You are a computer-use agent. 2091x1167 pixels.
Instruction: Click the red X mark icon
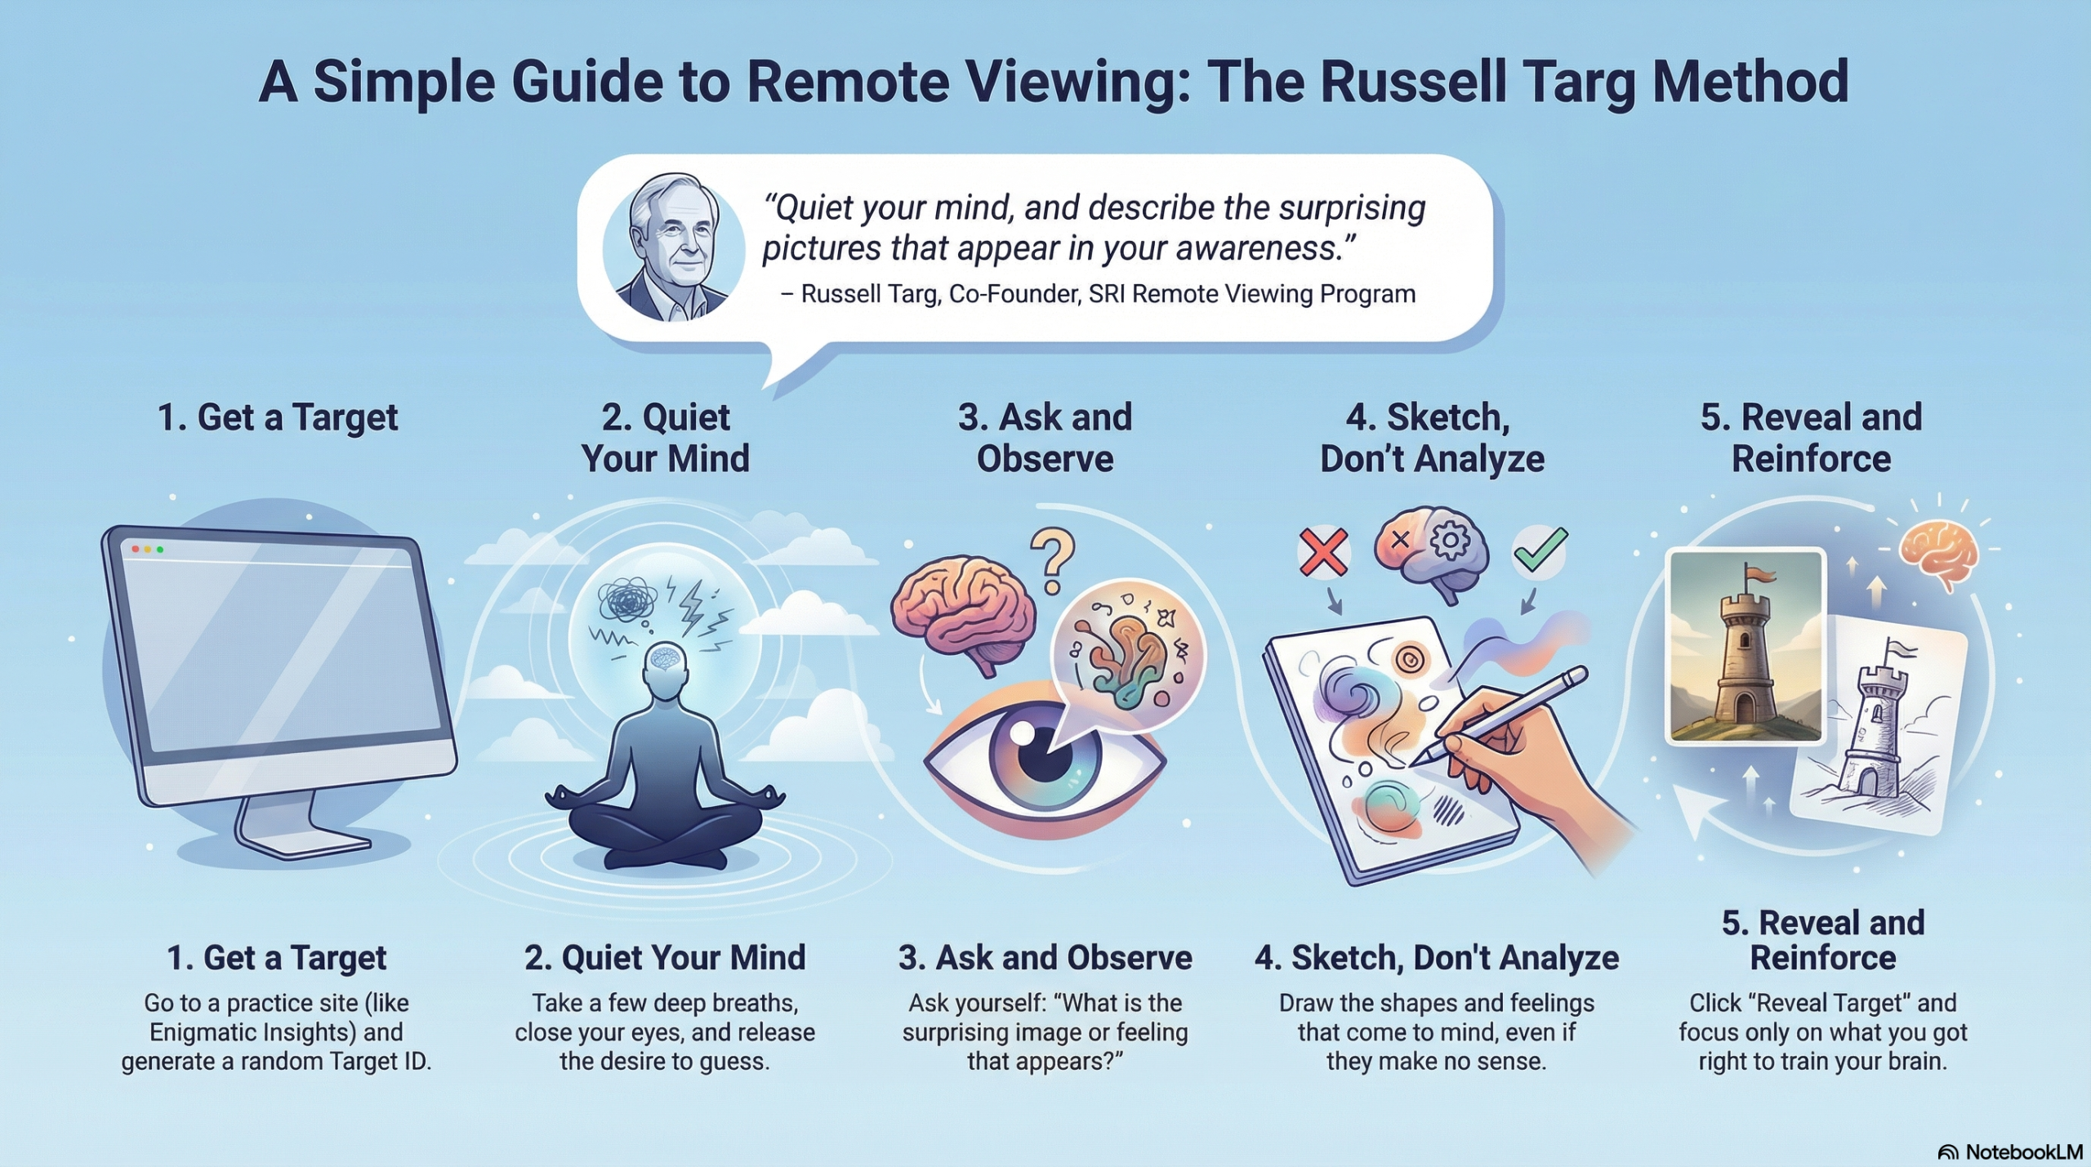tap(1323, 552)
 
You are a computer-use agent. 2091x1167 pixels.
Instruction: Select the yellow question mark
tap(1053, 560)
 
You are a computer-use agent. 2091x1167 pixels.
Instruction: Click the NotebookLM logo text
tap(2022, 1151)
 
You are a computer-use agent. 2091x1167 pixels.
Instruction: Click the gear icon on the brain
tap(1451, 540)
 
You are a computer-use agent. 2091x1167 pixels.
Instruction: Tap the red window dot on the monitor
tap(136, 549)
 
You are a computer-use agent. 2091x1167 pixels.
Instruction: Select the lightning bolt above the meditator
tap(692, 604)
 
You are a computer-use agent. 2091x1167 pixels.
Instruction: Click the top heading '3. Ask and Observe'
tap(1045, 438)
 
